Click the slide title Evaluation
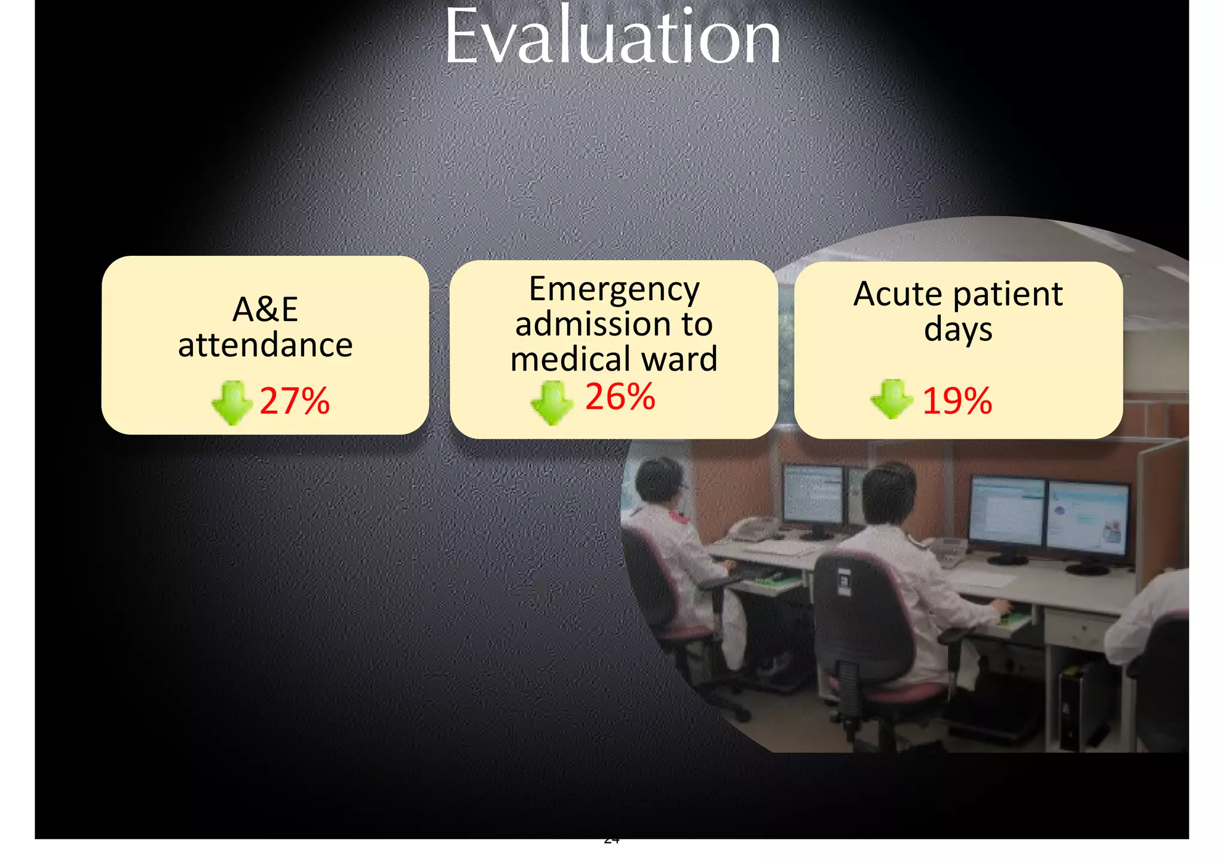point(613,37)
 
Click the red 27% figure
point(294,401)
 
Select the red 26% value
point(620,396)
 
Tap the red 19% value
point(957,401)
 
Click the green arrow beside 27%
point(232,402)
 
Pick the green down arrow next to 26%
point(551,402)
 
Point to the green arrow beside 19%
point(891,399)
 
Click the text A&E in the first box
point(265,310)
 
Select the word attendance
point(265,346)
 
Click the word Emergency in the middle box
point(614,290)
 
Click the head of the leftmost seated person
point(658,482)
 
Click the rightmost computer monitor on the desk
point(1087,518)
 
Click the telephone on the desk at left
point(755,529)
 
